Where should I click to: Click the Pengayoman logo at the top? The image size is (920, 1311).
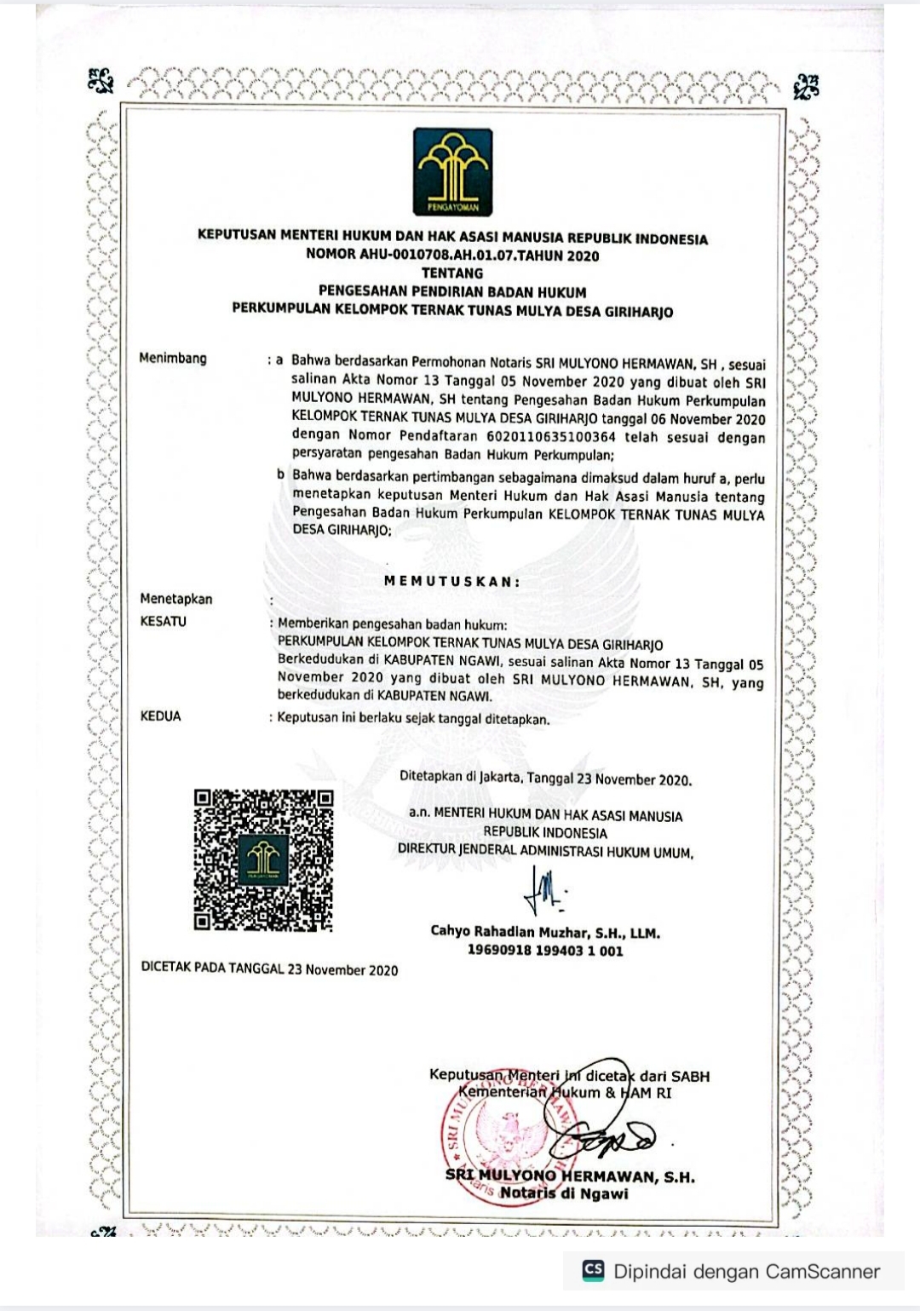pyautogui.click(x=452, y=171)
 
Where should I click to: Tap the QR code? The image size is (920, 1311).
pyautogui.click(x=263, y=860)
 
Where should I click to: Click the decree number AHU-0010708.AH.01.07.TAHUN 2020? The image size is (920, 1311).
pyautogui.click(x=452, y=256)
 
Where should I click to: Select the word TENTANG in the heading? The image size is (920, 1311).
pyautogui.click(x=452, y=273)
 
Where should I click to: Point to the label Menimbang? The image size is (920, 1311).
pyautogui.click(x=173, y=359)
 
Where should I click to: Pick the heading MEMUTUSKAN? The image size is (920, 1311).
pyautogui.click(x=452, y=582)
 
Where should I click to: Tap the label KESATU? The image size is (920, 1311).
pyautogui.click(x=163, y=622)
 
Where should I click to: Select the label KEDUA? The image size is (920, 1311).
pyautogui.click(x=160, y=716)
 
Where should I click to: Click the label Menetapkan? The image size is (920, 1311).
pyautogui.click(x=176, y=599)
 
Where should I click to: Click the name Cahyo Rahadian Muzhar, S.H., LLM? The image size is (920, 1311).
pyautogui.click(x=545, y=932)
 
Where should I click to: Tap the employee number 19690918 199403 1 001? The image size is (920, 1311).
pyautogui.click(x=545, y=951)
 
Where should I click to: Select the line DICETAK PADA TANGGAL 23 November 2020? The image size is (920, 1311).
pyautogui.click(x=269, y=969)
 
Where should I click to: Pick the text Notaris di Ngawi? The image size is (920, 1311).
pyautogui.click(x=564, y=1193)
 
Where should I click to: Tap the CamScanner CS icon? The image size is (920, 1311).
pyautogui.click(x=593, y=1271)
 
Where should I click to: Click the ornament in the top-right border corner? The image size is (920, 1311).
pyautogui.click(x=805, y=86)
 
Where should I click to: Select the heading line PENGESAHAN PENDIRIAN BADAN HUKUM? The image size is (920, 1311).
pyautogui.click(x=452, y=292)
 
